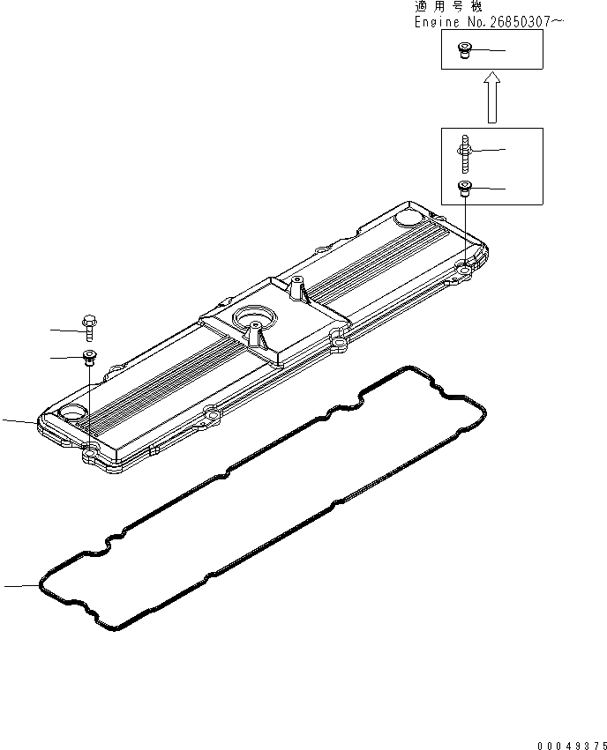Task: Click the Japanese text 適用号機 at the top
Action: point(449,6)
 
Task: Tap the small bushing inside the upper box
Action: point(463,50)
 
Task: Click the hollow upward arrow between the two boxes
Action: point(492,98)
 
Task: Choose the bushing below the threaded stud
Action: point(463,188)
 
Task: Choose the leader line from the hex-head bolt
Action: point(64,330)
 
